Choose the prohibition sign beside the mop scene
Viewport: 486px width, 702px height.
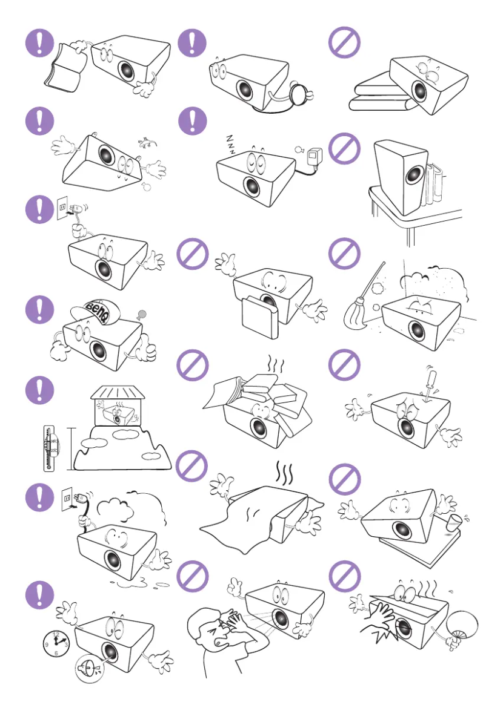[x=344, y=254]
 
